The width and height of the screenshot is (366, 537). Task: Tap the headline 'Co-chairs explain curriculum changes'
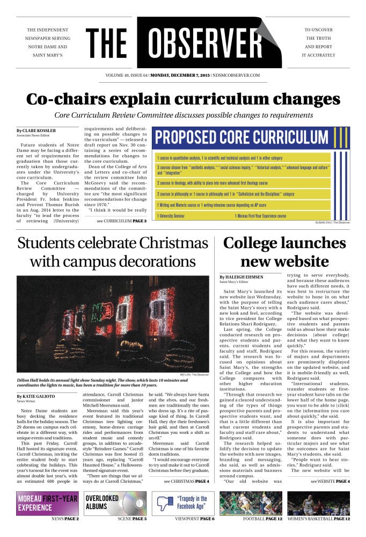coord(183,99)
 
